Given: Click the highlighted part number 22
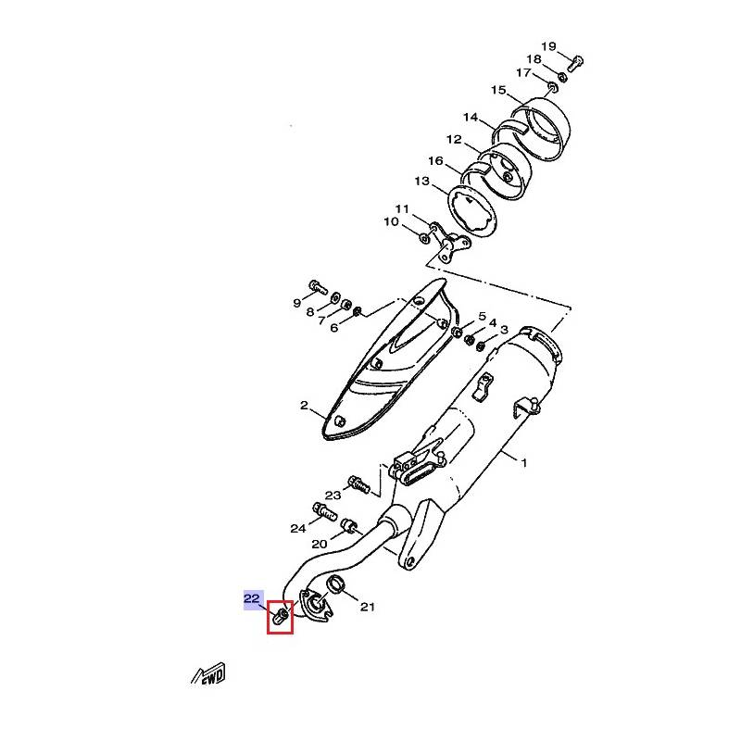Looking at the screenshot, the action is [x=252, y=598].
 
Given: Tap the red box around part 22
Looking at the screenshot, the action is [x=268, y=617].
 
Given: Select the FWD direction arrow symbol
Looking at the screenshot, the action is [x=208, y=674].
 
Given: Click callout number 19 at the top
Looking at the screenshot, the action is [x=548, y=46].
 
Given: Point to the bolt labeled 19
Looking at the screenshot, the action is [x=574, y=64].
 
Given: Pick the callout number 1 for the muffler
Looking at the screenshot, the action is [x=523, y=462].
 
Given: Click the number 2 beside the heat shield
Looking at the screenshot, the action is [x=304, y=406].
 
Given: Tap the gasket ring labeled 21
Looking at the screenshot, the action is [x=336, y=584].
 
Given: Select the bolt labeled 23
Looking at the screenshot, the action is [x=358, y=484].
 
